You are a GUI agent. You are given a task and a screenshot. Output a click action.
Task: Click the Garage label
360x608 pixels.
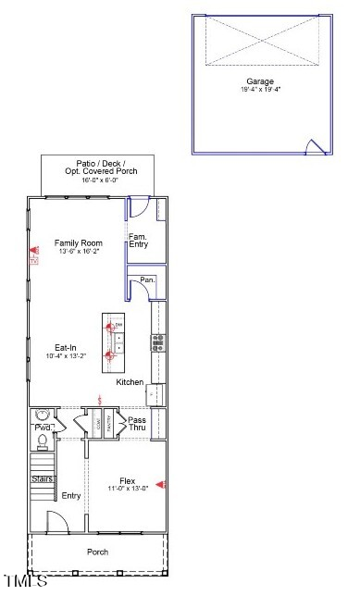259,81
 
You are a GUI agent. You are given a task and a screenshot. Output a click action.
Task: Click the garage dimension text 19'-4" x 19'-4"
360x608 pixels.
259,91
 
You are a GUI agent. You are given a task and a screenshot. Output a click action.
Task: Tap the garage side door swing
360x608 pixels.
317,146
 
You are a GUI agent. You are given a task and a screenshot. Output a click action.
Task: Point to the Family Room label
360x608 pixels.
78,242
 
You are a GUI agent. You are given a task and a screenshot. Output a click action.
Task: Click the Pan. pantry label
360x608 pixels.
146,279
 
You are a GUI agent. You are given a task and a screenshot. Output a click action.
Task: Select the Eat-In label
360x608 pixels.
65,348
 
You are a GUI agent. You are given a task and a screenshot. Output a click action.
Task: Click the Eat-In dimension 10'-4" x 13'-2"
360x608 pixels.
65,357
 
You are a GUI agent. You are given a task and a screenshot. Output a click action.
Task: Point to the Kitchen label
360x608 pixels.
130,382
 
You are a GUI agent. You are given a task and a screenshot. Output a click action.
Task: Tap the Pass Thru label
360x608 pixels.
137,424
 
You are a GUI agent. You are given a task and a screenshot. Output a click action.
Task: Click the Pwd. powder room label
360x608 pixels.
43,428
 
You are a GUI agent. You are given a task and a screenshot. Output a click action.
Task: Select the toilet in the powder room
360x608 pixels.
41,416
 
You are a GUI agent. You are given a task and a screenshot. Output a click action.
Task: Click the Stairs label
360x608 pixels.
42,479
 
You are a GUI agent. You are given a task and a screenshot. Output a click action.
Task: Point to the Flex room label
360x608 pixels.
127,480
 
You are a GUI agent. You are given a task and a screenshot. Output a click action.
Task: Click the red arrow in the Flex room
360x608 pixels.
159,484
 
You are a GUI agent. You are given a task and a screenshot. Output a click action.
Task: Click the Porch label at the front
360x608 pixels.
97,552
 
